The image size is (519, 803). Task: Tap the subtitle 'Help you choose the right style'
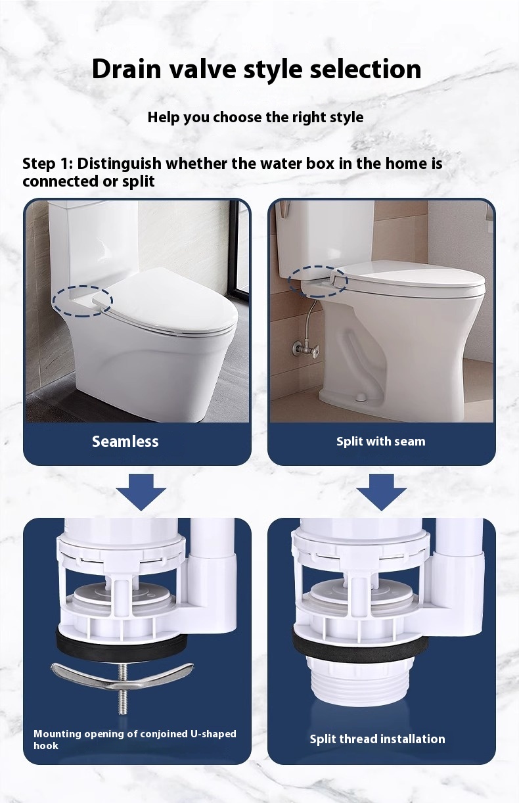tap(255, 118)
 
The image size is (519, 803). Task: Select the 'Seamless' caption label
tap(125, 442)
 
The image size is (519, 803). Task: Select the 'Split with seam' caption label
tap(380, 442)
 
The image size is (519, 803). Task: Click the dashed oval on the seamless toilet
tap(82, 301)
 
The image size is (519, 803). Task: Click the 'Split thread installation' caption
tap(377, 739)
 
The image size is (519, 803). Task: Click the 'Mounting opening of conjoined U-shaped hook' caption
tap(135, 739)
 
